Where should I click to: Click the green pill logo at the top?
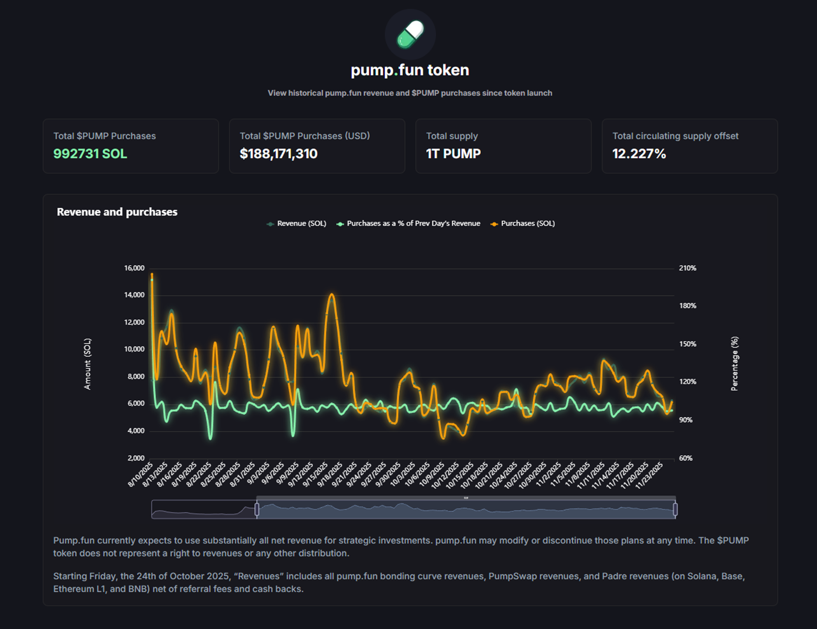[410, 35]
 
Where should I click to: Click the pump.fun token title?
[410, 70]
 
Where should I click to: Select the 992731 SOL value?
[90, 154]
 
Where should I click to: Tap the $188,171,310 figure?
[279, 154]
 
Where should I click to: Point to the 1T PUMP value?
[453, 154]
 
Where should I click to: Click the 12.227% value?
[639, 154]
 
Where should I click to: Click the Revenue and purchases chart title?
[117, 212]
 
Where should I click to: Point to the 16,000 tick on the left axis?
[134, 268]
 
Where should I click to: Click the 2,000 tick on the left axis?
[136, 458]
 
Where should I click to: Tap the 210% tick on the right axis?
[688, 268]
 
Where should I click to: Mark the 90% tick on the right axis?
[686, 420]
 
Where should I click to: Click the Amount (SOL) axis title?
[87, 364]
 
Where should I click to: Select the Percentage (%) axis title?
[734, 364]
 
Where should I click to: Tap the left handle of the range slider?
[257, 509]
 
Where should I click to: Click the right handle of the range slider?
[675, 509]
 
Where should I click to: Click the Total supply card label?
[451, 136]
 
